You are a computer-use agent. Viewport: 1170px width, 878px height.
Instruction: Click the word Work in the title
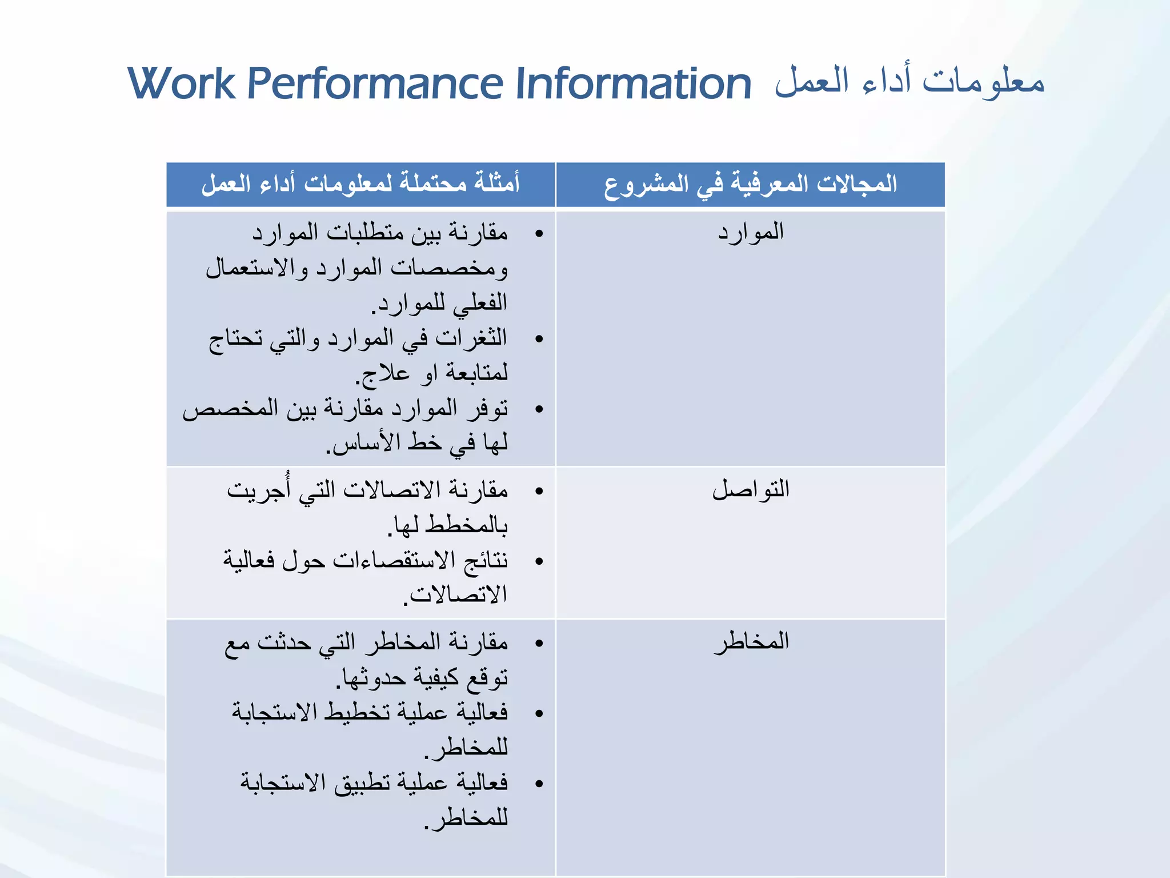(x=182, y=84)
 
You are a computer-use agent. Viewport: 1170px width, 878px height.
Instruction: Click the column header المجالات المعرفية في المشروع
(x=751, y=184)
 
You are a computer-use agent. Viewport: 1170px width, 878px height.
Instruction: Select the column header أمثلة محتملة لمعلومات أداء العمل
(x=360, y=184)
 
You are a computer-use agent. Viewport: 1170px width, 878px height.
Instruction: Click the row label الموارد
(x=751, y=232)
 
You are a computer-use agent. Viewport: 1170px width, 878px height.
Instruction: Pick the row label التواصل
(x=751, y=489)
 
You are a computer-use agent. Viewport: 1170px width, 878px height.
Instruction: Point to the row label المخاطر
(x=751, y=641)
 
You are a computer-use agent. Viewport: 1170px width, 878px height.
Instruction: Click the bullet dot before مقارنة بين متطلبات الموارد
(x=539, y=234)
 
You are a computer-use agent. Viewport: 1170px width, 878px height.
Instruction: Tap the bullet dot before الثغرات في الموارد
(x=539, y=339)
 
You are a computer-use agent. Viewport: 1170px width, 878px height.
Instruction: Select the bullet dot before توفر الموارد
(x=539, y=409)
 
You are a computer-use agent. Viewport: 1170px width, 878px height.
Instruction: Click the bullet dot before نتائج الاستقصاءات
(x=539, y=561)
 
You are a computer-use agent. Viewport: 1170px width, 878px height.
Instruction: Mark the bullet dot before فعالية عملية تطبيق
(x=539, y=784)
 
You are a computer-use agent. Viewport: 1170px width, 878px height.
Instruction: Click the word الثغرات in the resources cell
(x=471, y=338)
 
